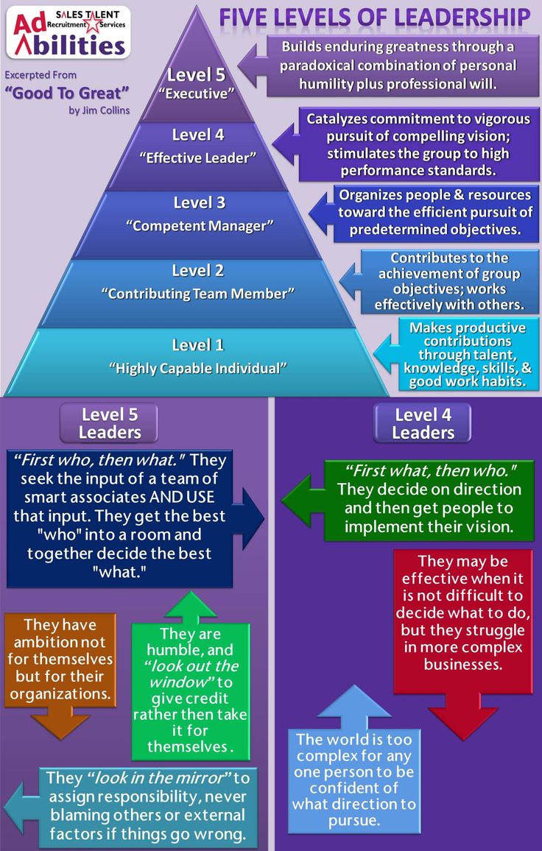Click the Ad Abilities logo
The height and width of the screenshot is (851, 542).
[x=68, y=32]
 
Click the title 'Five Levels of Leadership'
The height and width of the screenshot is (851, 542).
[x=374, y=17]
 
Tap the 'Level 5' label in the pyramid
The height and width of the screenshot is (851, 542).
[x=195, y=74]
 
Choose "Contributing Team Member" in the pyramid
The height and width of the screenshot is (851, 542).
[x=197, y=293]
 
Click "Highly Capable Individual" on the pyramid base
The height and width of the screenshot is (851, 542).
[x=197, y=367]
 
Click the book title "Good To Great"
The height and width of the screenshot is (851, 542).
[x=66, y=93]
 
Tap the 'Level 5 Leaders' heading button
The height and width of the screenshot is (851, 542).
[x=110, y=423]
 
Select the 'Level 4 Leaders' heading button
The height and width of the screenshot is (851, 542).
[x=423, y=423]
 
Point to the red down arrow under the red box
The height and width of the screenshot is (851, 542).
[x=462, y=718]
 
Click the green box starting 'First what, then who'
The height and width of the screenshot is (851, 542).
[x=430, y=499]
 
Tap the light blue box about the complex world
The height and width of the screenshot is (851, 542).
[x=354, y=780]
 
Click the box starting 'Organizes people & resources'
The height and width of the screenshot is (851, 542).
[x=434, y=213]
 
